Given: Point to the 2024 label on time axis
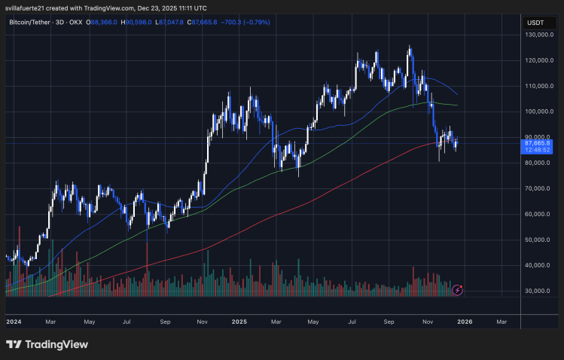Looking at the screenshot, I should (x=14, y=321).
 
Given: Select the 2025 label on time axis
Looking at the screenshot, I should (x=239, y=321).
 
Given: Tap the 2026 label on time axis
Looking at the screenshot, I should (x=465, y=321).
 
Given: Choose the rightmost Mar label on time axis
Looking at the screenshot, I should (x=502, y=321).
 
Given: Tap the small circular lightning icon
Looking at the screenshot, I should (x=457, y=289).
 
